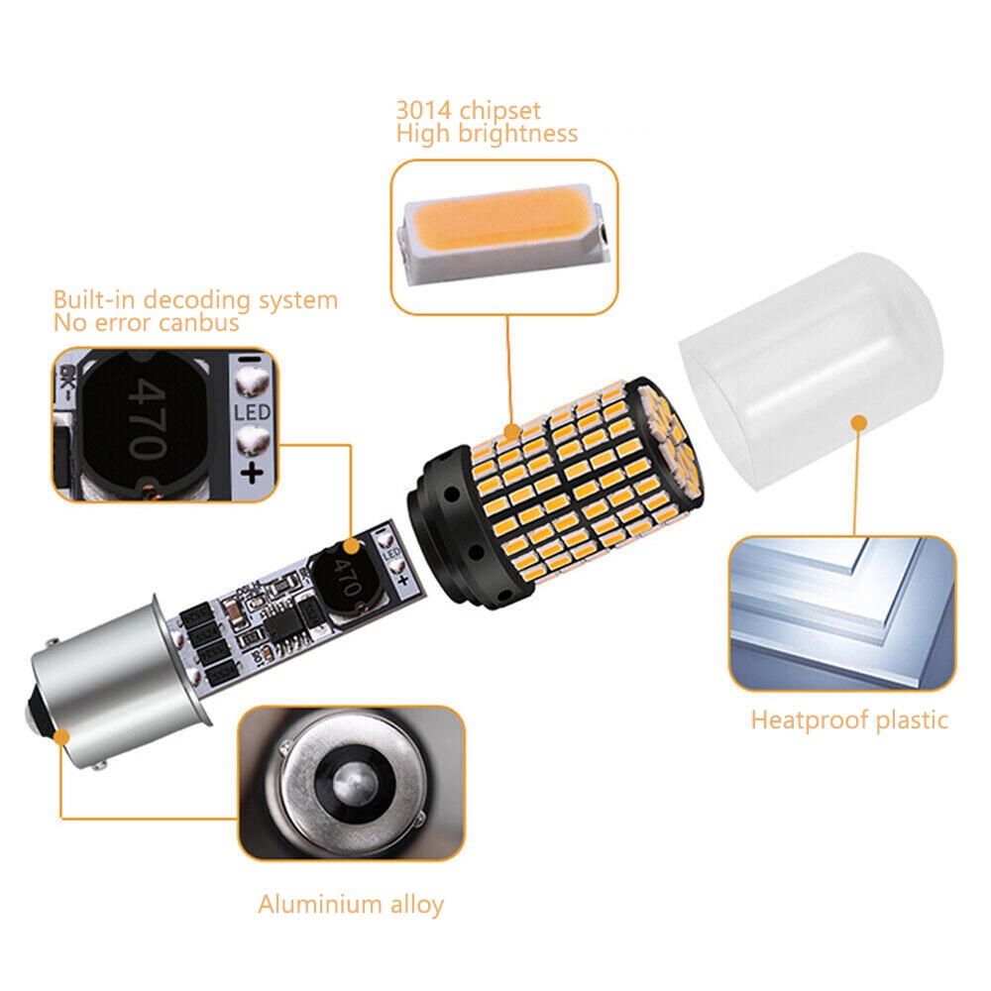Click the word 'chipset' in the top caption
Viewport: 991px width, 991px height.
pyautogui.click(x=499, y=111)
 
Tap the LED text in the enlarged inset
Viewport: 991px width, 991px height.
pyautogui.click(x=252, y=412)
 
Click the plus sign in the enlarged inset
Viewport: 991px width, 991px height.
pyautogui.click(x=252, y=472)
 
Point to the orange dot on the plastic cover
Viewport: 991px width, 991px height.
pyautogui.click(x=858, y=423)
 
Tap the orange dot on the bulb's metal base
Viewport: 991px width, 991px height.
pyautogui.click(x=61, y=737)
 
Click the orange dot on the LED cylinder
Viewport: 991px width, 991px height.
pyautogui.click(x=511, y=432)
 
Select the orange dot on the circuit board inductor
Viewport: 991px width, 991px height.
pyautogui.click(x=351, y=547)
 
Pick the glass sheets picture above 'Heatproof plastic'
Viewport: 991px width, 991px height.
pyautogui.click(x=841, y=613)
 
